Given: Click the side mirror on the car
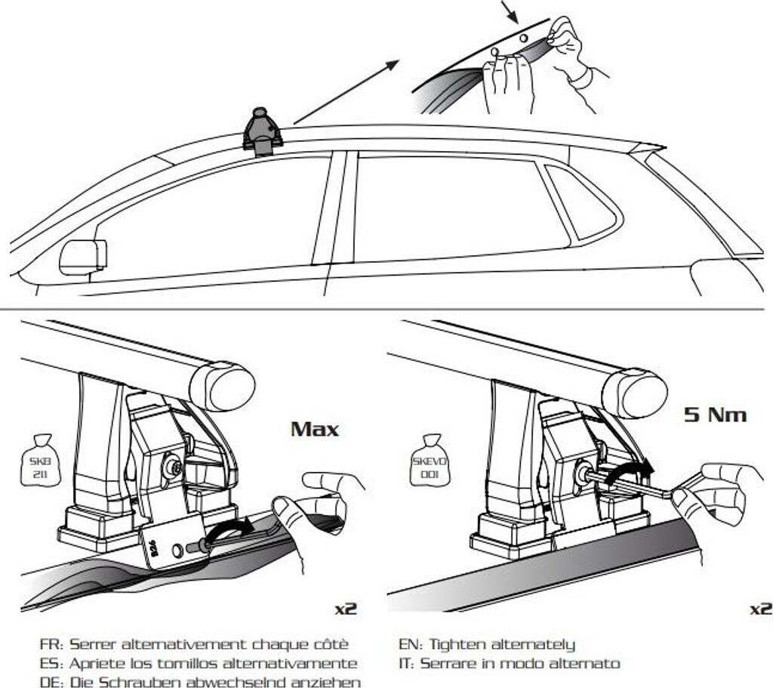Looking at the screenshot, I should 82,256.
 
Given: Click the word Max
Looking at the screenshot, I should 315,430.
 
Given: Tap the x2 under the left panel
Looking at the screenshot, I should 344,606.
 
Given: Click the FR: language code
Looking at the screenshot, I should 51,644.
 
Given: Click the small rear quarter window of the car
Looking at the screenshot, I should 580,200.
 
